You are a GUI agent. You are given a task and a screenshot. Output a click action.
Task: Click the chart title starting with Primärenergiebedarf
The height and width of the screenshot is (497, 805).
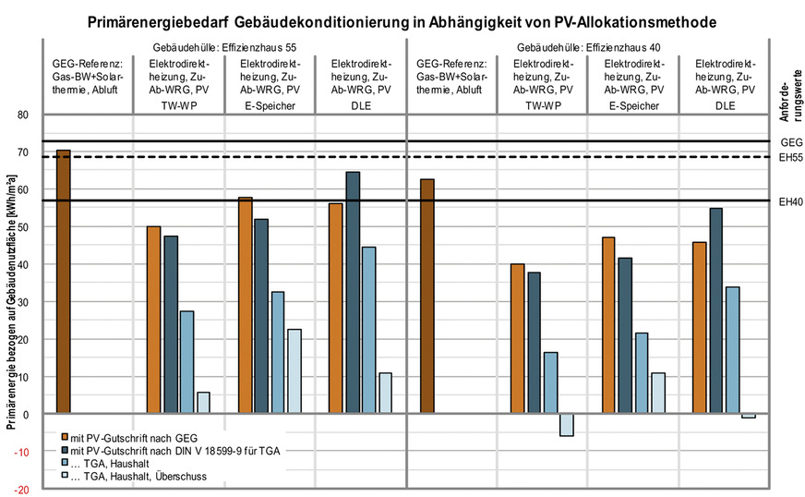(402, 19)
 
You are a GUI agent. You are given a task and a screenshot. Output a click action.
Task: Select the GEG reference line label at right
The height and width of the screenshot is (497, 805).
(788, 142)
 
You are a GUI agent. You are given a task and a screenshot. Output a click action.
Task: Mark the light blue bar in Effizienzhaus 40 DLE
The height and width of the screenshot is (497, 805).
(732, 350)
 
